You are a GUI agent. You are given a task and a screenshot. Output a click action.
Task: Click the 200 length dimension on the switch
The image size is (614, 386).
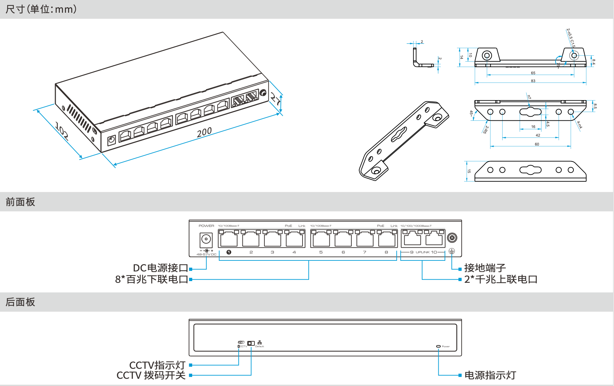point(204,132)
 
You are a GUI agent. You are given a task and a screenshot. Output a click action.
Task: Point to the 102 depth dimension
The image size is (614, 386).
point(62,131)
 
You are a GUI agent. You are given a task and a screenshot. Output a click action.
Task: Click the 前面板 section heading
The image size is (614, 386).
point(20,202)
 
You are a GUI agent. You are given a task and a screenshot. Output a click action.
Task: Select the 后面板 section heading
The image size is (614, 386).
point(20,302)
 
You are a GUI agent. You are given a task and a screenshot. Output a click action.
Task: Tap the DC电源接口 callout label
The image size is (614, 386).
point(160,268)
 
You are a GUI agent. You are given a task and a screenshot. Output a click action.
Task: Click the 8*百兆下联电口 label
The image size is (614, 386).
point(152,279)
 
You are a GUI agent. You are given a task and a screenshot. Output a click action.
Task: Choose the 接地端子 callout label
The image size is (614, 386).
point(485,268)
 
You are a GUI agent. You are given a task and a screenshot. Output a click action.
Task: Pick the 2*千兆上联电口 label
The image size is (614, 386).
point(501,279)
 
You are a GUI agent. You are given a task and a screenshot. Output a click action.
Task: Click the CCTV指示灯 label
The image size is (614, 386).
point(157,365)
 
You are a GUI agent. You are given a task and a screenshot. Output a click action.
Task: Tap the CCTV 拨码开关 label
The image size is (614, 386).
point(151,375)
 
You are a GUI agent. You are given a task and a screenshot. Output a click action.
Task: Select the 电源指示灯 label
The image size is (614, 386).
point(490,375)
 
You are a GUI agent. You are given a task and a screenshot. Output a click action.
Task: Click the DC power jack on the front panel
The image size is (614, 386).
point(206,239)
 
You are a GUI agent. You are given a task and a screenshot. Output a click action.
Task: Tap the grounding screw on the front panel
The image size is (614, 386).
point(452,237)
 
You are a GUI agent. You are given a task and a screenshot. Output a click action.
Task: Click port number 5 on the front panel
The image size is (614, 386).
point(321,252)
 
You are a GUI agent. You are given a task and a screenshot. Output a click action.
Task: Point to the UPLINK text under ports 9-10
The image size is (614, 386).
point(423,252)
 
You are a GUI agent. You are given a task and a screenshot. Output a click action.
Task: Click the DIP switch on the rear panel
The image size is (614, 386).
point(251,343)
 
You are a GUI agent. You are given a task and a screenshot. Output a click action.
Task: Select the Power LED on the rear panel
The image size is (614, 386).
point(438,346)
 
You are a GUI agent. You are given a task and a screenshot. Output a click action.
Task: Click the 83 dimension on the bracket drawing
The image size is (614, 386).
point(533,81)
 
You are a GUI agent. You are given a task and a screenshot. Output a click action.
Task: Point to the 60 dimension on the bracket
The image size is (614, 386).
point(537,144)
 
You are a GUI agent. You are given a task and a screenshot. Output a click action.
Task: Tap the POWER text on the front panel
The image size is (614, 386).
point(206,226)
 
